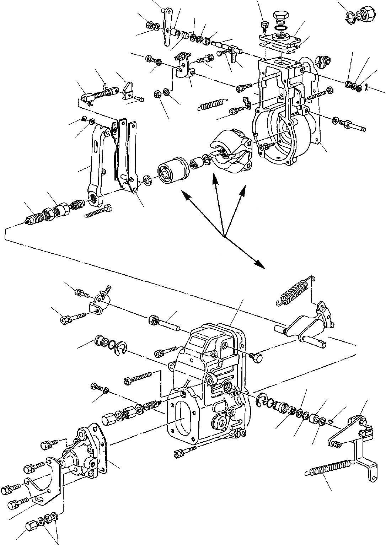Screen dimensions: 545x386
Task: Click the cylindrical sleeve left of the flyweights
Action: click(171, 173)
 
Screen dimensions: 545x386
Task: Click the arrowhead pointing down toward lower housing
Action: click(262, 265)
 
